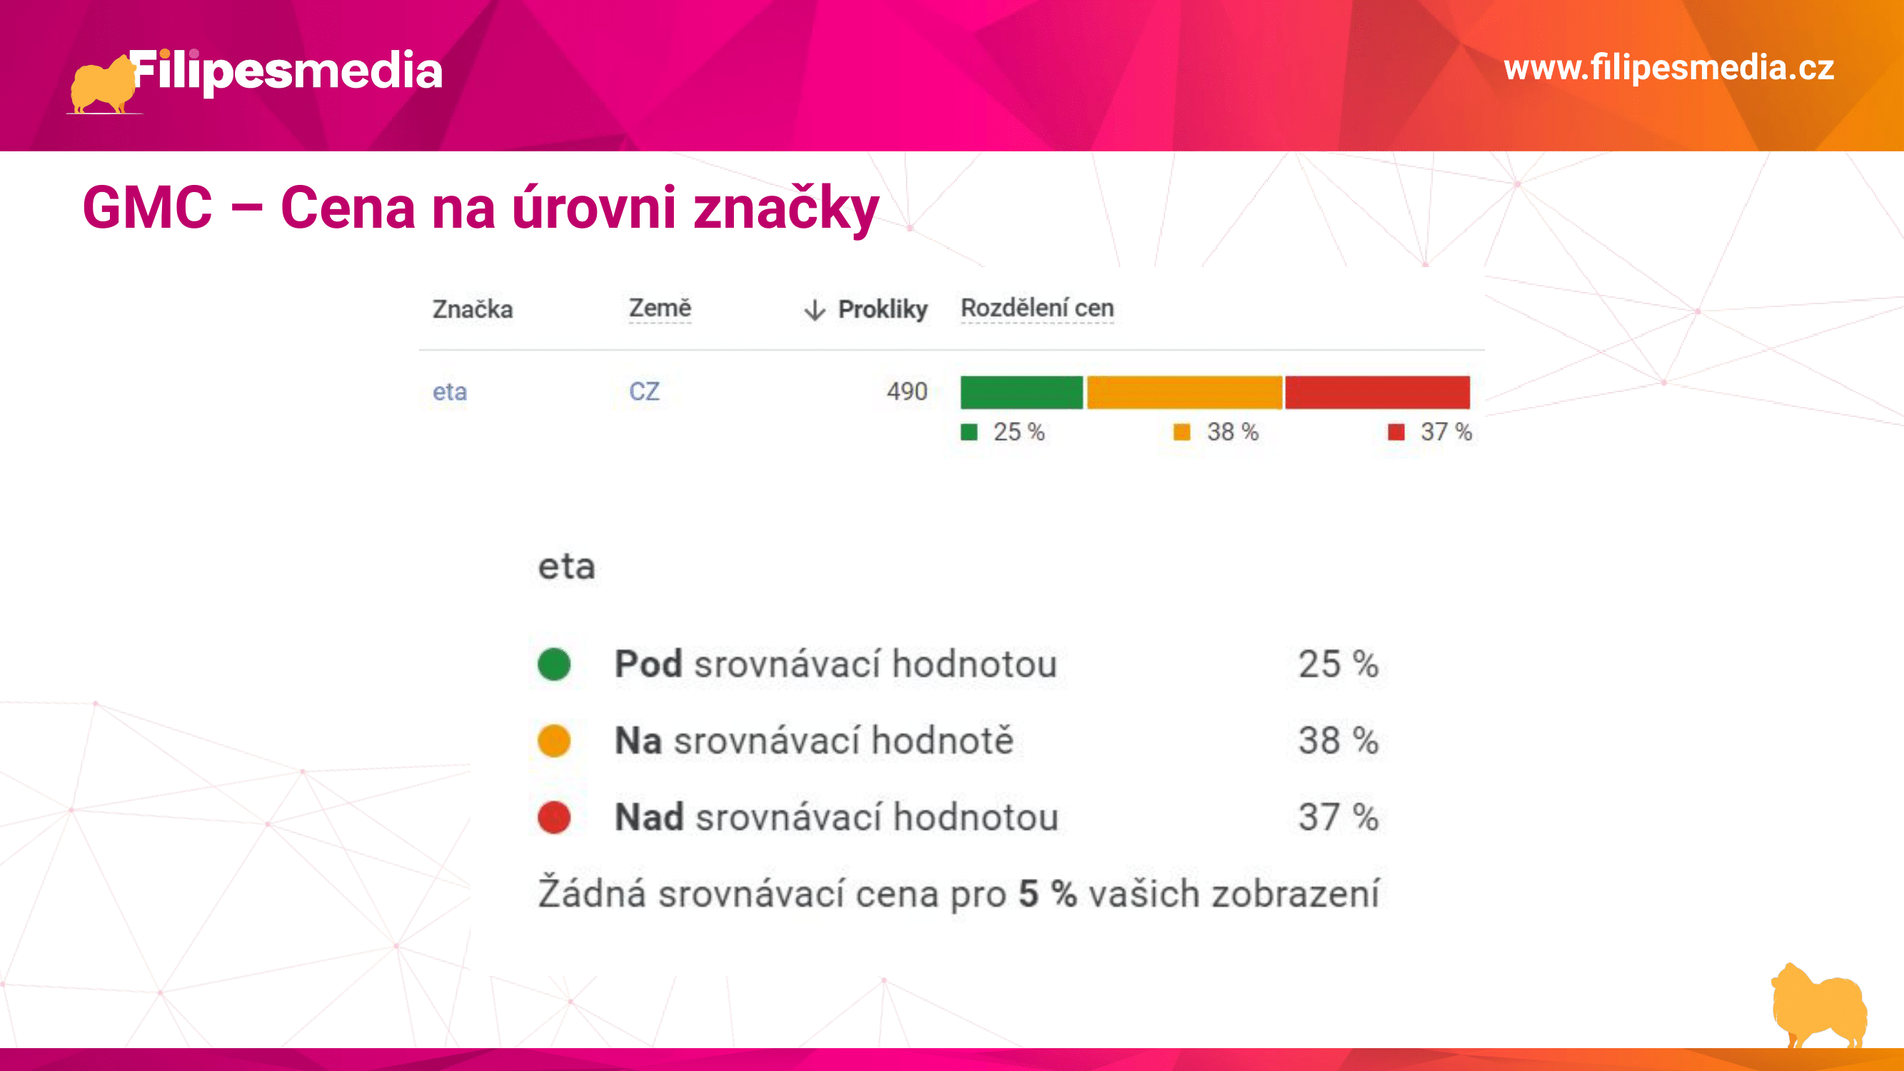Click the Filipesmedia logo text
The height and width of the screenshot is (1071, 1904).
(x=287, y=71)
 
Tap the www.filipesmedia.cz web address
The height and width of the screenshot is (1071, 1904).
(x=1669, y=67)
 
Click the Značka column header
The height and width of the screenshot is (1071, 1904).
(x=473, y=309)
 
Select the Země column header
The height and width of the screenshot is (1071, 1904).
(x=660, y=308)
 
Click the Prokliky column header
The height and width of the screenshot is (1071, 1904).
(x=882, y=309)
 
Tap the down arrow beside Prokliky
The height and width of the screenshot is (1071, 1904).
(x=815, y=310)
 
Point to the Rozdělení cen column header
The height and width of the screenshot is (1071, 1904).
(x=1037, y=308)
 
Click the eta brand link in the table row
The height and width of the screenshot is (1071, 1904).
(x=449, y=392)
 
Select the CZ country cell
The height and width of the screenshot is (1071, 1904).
(x=644, y=391)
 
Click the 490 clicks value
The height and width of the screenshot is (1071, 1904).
(x=907, y=391)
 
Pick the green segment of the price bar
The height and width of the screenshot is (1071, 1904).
(x=1022, y=392)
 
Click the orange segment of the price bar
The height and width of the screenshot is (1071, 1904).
(x=1184, y=392)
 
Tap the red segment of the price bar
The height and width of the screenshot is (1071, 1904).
(x=1378, y=392)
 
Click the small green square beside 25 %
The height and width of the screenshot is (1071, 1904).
(x=969, y=433)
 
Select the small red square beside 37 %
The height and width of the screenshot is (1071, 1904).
(x=1396, y=433)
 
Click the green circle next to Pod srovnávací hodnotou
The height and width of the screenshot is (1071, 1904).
(x=554, y=664)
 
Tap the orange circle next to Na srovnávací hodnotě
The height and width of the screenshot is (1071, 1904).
(x=554, y=740)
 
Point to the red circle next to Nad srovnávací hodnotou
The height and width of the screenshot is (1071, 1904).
(x=554, y=818)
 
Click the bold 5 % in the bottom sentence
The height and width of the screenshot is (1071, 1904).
(x=1047, y=893)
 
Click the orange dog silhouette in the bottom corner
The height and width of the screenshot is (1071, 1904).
(x=1819, y=1005)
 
